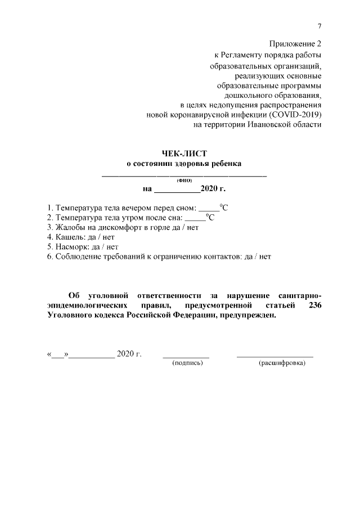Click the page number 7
coord(319,26)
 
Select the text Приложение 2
coord(295,44)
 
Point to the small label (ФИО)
coord(184,181)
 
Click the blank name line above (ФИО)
coord(183,176)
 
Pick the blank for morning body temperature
coord(196,219)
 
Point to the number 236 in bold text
coord(314,305)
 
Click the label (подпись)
coord(187,363)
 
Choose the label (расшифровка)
coord(281,363)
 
